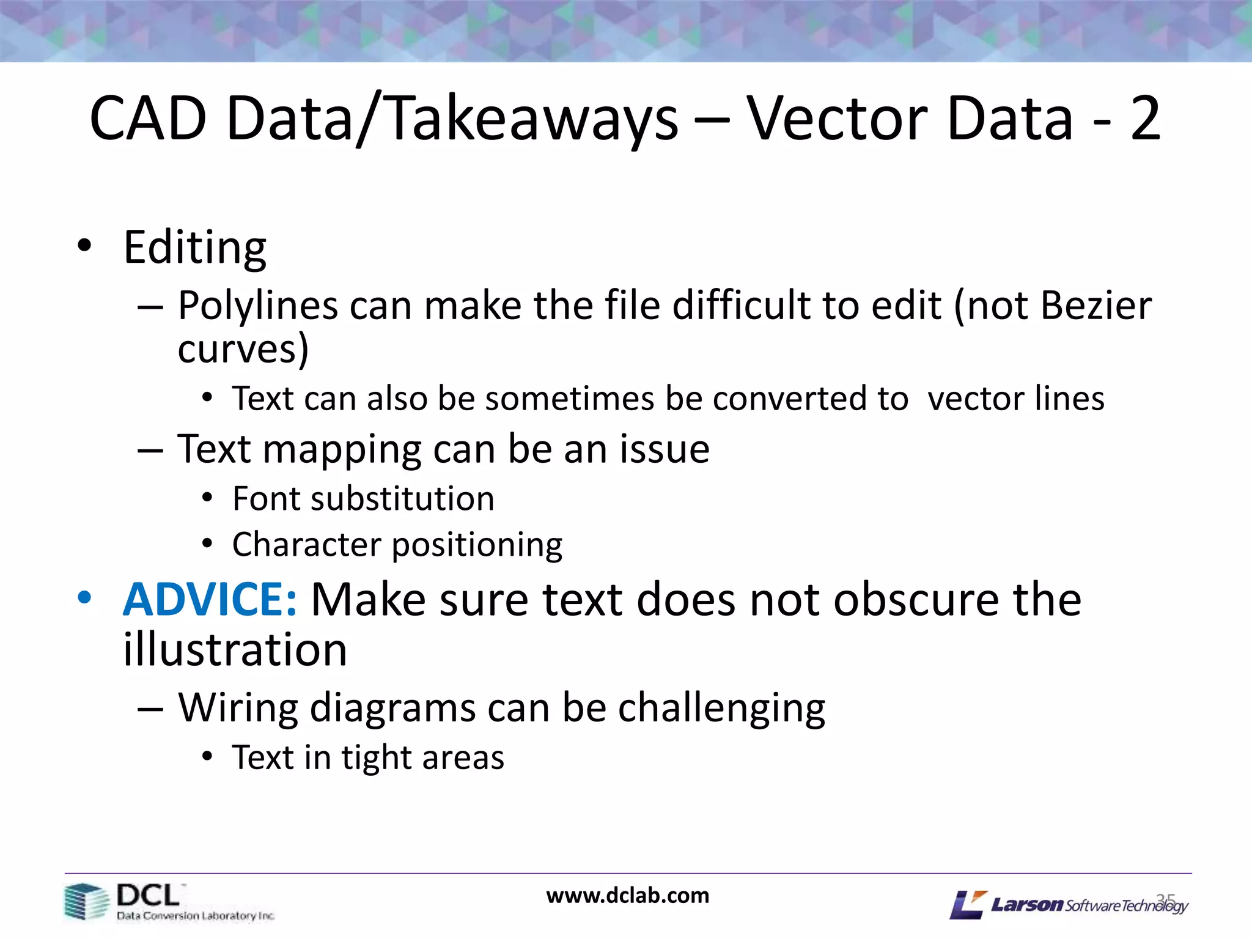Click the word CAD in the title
(x=149, y=119)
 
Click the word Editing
(x=194, y=248)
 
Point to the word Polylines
(x=257, y=306)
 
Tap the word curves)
(x=243, y=350)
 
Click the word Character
(x=306, y=545)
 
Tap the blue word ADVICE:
(x=210, y=600)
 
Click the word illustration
(x=235, y=650)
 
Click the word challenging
(x=721, y=709)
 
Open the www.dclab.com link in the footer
(x=627, y=896)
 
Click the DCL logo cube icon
(x=86, y=901)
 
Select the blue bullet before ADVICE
(x=84, y=597)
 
